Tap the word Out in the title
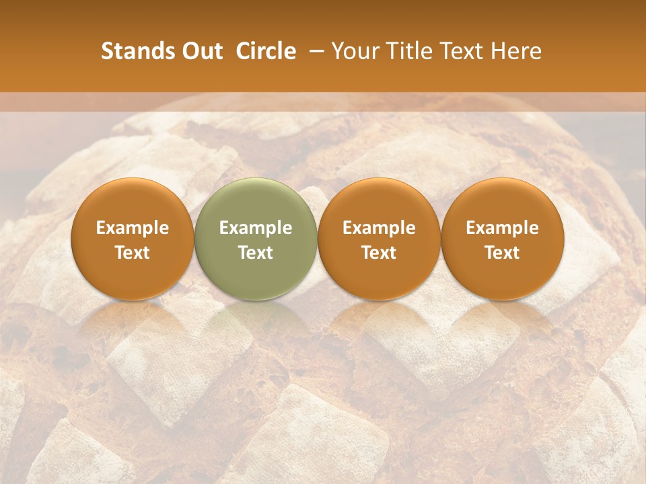click(x=200, y=51)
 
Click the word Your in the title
click(x=352, y=51)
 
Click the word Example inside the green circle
click(x=256, y=228)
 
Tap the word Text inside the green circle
click(x=256, y=253)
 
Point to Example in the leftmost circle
click(x=132, y=228)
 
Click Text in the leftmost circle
click(x=132, y=253)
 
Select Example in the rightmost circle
click(x=503, y=228)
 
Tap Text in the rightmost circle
click(x=503, y=253)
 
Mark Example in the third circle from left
click(x=379, y=228)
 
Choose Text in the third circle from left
click(x=379, y=253)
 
